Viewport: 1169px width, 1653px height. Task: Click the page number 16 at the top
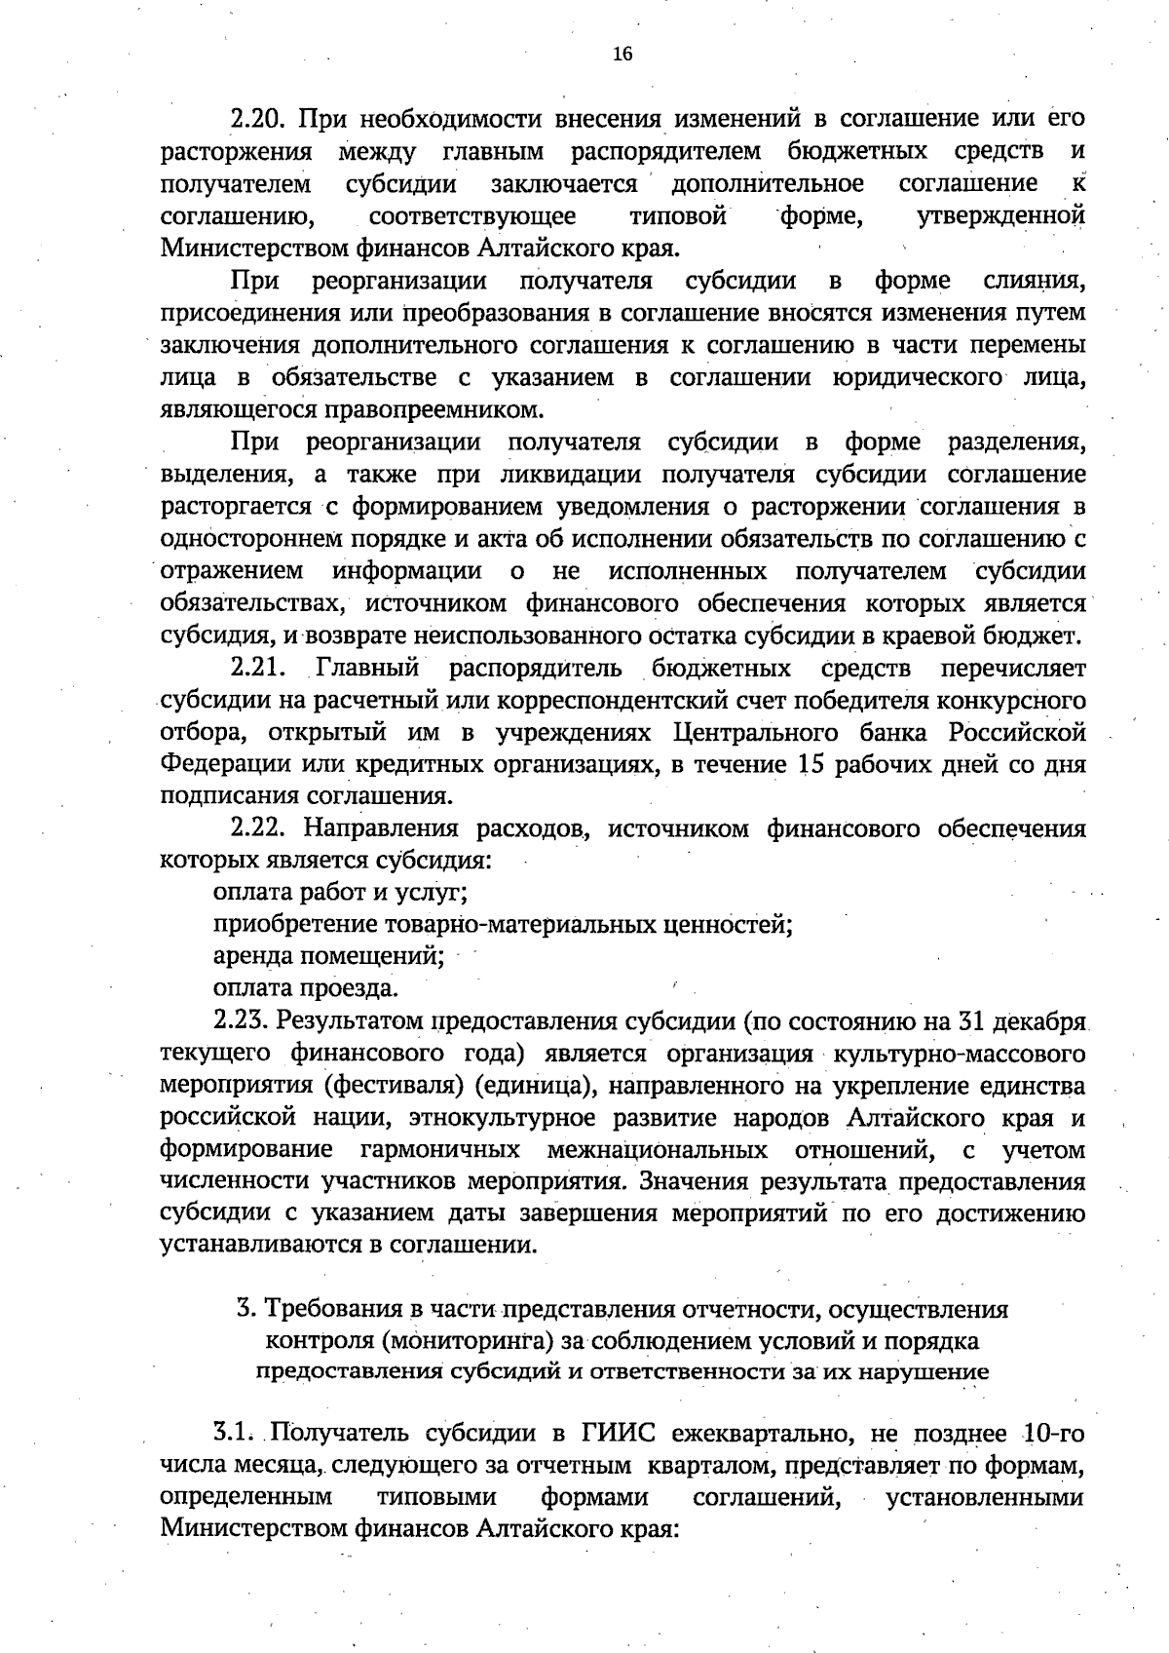click(x=622, y=55)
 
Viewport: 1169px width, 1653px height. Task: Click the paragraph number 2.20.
click(x=256, y=120)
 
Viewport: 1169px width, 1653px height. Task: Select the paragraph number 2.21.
click(x=256, y=669)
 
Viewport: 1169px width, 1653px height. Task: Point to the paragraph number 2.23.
click(x=241, y=1021)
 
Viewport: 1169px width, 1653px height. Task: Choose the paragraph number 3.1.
click(x=233, y=1434)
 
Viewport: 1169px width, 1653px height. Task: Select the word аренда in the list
click(x=250, y=956)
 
